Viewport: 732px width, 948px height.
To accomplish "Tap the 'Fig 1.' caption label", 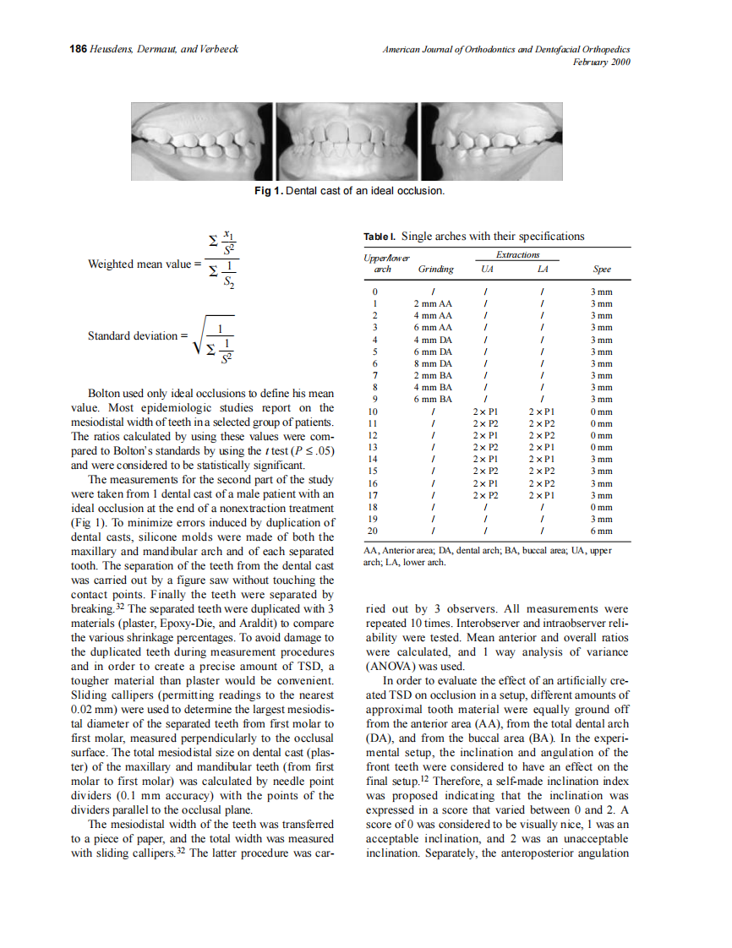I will click(x=270, y=191).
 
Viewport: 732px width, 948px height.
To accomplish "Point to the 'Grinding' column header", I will click(x=435, y=270).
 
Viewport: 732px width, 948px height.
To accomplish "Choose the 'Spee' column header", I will click(x=601, y=270).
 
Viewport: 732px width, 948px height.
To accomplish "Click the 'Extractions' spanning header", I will click(x=517, y=254).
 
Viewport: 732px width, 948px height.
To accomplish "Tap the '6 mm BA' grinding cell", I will click(x=432, y=399).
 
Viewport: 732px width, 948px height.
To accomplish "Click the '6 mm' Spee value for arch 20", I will click(x=601, y=531).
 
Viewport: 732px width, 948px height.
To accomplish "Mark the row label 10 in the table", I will click(x=373, y=411).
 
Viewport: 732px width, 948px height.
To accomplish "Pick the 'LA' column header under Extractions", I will click(x=542, y=270).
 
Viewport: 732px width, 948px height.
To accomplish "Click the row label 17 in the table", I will click(x=373, y=495).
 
